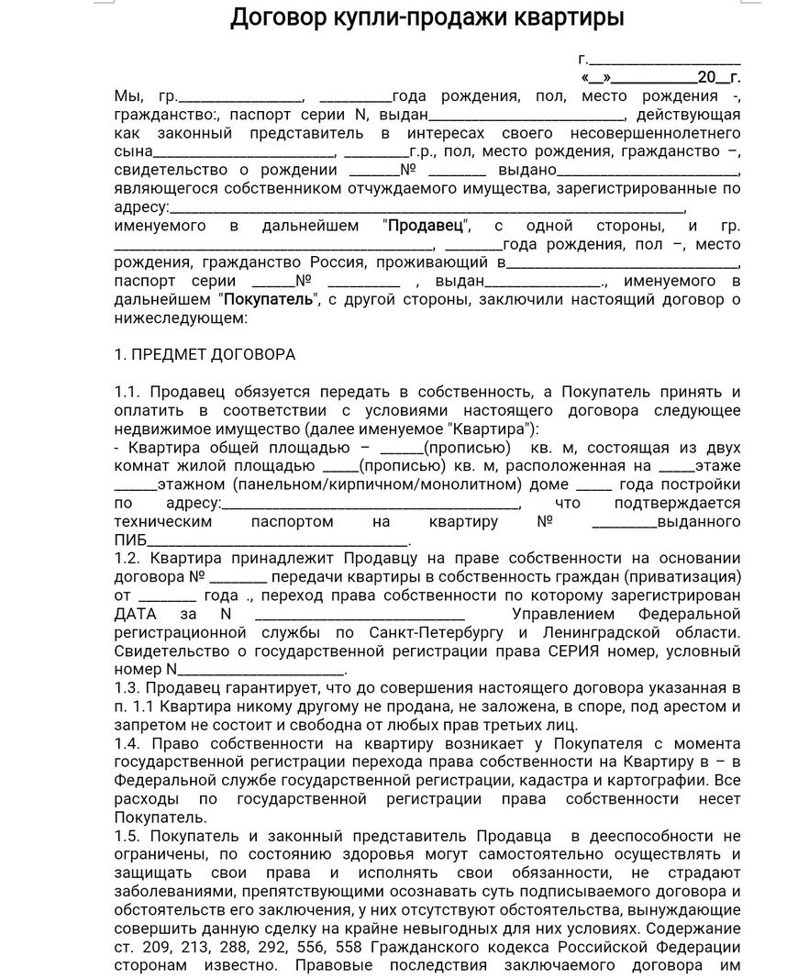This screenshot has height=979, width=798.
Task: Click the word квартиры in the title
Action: pos(560,17)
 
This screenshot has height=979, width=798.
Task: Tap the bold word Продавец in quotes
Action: pos(427,226)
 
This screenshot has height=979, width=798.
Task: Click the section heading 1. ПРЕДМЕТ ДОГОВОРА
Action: pos(205,355)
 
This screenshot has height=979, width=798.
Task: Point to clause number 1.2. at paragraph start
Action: pos(129,559)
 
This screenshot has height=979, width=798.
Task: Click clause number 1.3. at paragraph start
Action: pos(129,688)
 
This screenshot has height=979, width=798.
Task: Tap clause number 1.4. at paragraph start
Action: pos(129,744)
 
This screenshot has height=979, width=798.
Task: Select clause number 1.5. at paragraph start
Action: pos(129,836)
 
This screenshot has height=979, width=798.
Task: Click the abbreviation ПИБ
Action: pos(129,540)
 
